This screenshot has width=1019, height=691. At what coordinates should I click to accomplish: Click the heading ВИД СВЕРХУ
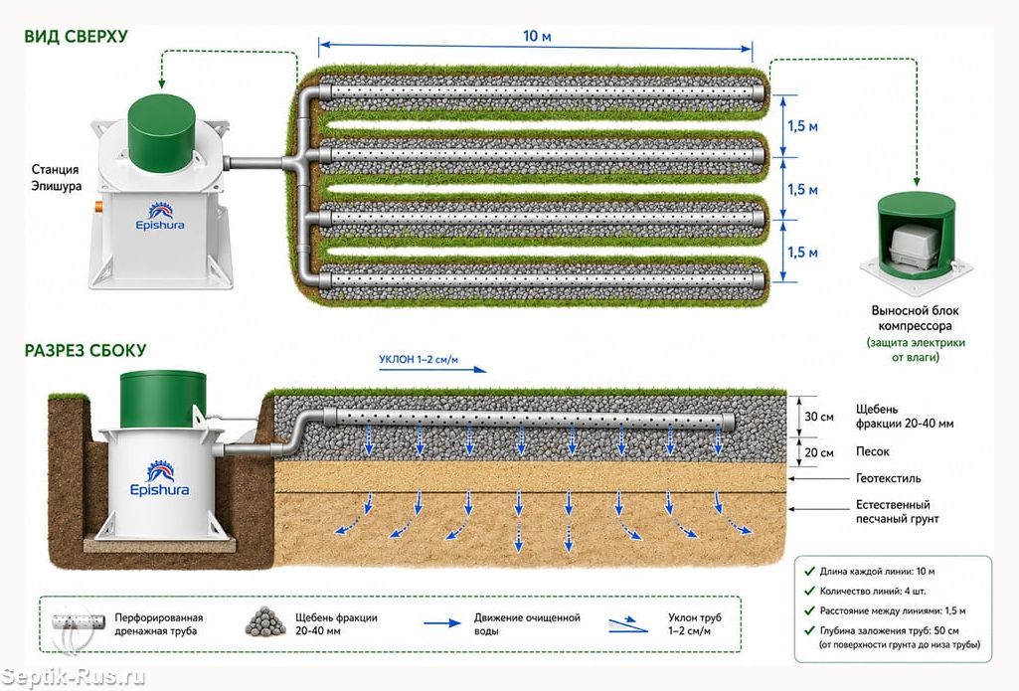click(x=76, y=37)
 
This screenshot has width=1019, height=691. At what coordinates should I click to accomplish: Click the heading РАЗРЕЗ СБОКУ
click(x=85, y=351)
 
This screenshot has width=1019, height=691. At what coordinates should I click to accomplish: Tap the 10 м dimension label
click(x=537, y=37)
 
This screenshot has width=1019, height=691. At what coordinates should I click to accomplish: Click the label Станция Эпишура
click(x=57, y=177)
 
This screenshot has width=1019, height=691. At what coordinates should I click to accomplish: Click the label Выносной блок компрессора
click(x=915, y=318)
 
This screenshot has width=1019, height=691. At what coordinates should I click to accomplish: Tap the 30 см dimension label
click(x=819, y=417)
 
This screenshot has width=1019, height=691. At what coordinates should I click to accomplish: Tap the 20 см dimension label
click(x=819, y=452)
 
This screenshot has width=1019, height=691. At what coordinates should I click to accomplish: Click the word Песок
click(x=872, y=451)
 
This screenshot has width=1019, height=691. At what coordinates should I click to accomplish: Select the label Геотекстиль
click(x=889, y=478)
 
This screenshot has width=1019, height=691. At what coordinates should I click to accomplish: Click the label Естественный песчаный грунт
click(x=897, y=512)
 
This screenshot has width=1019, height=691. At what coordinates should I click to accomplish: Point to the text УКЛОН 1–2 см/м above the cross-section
click(x=419, y=360)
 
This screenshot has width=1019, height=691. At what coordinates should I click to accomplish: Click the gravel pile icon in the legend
click(x=265, y=622)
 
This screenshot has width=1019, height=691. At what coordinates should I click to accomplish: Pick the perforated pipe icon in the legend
click(x=79, y=622)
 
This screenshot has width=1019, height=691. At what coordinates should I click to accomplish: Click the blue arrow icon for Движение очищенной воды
click(x=442, y=622)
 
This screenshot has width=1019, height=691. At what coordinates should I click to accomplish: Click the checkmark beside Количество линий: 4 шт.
click(x=809, y=591)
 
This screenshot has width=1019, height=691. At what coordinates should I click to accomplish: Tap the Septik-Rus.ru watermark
click(x=73, y=677)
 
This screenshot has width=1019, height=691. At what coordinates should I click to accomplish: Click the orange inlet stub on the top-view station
click(x=98, y=208)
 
